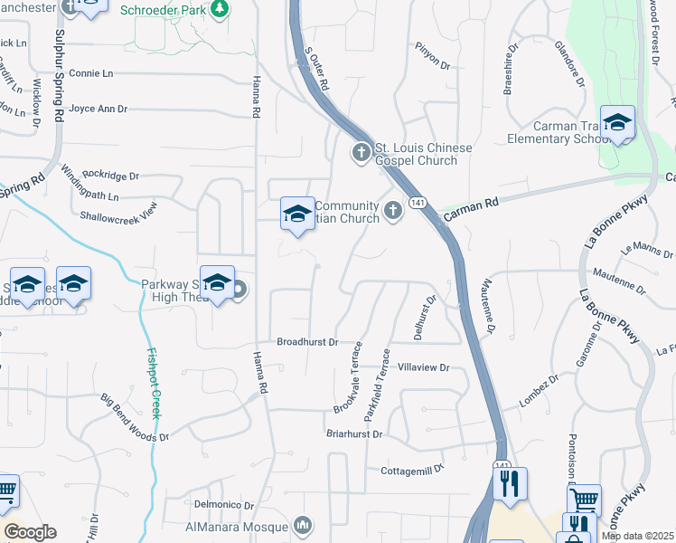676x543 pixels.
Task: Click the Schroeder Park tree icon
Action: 219,8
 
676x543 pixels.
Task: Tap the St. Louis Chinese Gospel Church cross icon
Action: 361,151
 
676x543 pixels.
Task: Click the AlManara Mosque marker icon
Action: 303,525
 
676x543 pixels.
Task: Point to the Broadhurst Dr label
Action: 306,342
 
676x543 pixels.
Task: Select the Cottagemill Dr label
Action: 413,469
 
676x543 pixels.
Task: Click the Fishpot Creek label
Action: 155,385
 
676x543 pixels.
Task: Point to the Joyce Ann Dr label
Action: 98,109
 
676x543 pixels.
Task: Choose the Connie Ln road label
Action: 90,72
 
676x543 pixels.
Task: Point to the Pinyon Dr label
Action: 432,54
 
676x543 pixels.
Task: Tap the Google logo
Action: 30,532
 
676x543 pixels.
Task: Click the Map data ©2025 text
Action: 637,536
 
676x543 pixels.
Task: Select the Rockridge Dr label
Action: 110,176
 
